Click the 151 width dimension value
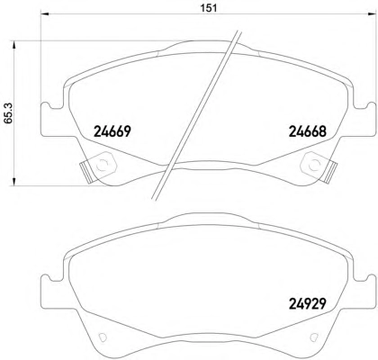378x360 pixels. click(x=209, y=8)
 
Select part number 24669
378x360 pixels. click(x=112, y=131)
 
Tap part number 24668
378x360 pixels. click(x=307, y=131)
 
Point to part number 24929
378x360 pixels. click(x=307, y=303)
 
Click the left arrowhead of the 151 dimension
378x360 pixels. click(x=44, y=13)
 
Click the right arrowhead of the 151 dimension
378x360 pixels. click(x=373, y=13)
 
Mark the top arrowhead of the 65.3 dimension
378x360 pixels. click(x=13, y=45)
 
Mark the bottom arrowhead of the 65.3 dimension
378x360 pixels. click(x=13, y=182)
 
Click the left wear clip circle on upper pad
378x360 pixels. click(x=103, y=165)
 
